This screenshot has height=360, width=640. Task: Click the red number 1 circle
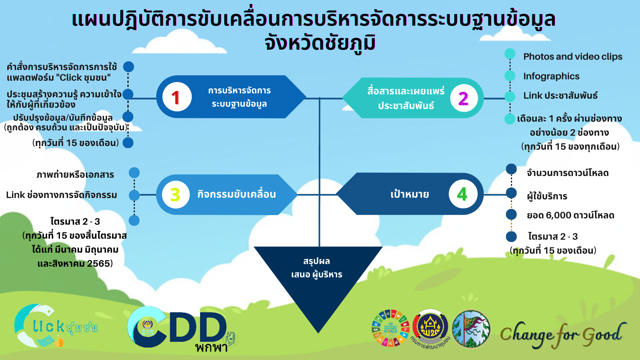click(177, 97)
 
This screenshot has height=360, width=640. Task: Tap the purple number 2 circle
click(464, 98)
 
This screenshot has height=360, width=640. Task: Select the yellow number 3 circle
click(176, 195)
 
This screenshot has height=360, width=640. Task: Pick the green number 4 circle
click(462, 194)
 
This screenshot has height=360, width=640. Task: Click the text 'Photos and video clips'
click(573, 57)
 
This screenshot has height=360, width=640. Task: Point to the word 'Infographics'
click(551, 76)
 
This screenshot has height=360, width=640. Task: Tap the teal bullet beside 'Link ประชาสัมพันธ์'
click(510, 97)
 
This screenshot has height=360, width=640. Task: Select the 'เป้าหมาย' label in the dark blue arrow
click(410, 194)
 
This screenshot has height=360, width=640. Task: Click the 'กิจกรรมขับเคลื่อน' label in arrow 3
click(237, 194)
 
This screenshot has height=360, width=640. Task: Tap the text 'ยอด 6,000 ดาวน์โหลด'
click(570, 215)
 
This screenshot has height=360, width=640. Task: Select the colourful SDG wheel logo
click(390, 328)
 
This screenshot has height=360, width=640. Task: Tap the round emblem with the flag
click(471, 329)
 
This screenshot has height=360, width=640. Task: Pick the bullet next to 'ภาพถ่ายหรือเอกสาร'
click(134, 173)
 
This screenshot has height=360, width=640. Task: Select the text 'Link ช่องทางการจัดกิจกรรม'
click(62, 195)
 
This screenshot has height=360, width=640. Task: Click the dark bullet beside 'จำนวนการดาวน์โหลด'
click(511, 169)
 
